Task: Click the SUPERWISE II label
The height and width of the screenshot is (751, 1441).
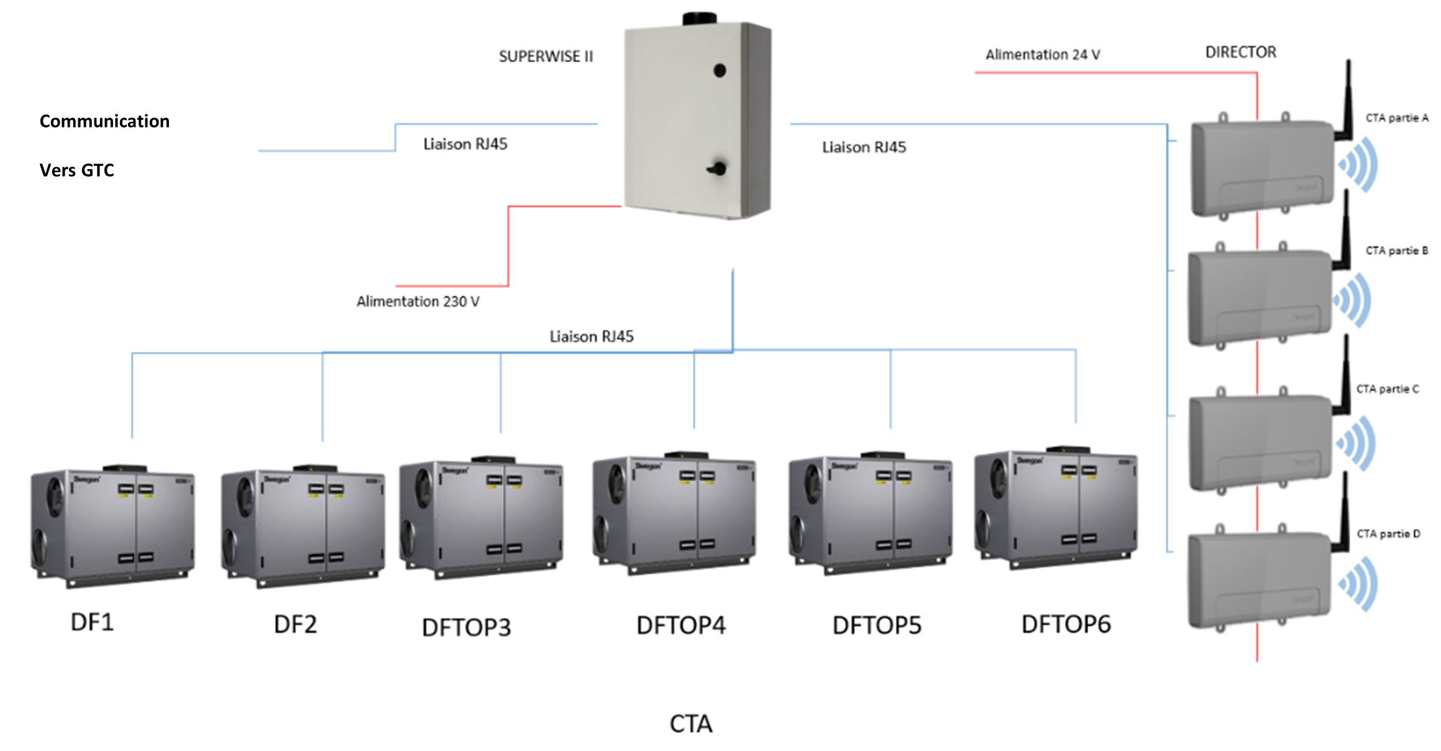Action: [546, 57]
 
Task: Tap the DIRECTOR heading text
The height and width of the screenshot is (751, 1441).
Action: [1240, 52]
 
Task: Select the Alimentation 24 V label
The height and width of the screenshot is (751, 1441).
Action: [1042, 55]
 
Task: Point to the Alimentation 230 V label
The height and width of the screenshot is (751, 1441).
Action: [418, 302]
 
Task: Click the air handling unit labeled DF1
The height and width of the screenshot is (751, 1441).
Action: [112, 525]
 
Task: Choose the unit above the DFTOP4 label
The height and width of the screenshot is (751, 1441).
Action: [674, 513]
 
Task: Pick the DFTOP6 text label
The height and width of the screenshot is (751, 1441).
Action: [1066, 624]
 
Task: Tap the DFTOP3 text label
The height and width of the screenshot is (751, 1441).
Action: [466, 627]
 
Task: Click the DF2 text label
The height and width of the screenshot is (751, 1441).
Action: [295, 624]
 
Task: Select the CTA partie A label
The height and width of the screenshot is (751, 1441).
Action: [1396, 118]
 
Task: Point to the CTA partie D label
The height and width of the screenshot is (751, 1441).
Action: [1388, 534]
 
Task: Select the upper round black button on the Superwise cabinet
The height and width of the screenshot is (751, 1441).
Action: [720, 71]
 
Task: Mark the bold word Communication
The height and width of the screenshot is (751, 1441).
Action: [104, 121]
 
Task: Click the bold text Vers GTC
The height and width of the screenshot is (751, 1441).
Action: [77, 170]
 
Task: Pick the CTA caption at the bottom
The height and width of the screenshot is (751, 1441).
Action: [690, 724]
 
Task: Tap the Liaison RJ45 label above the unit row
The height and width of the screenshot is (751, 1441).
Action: [591, 337]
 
